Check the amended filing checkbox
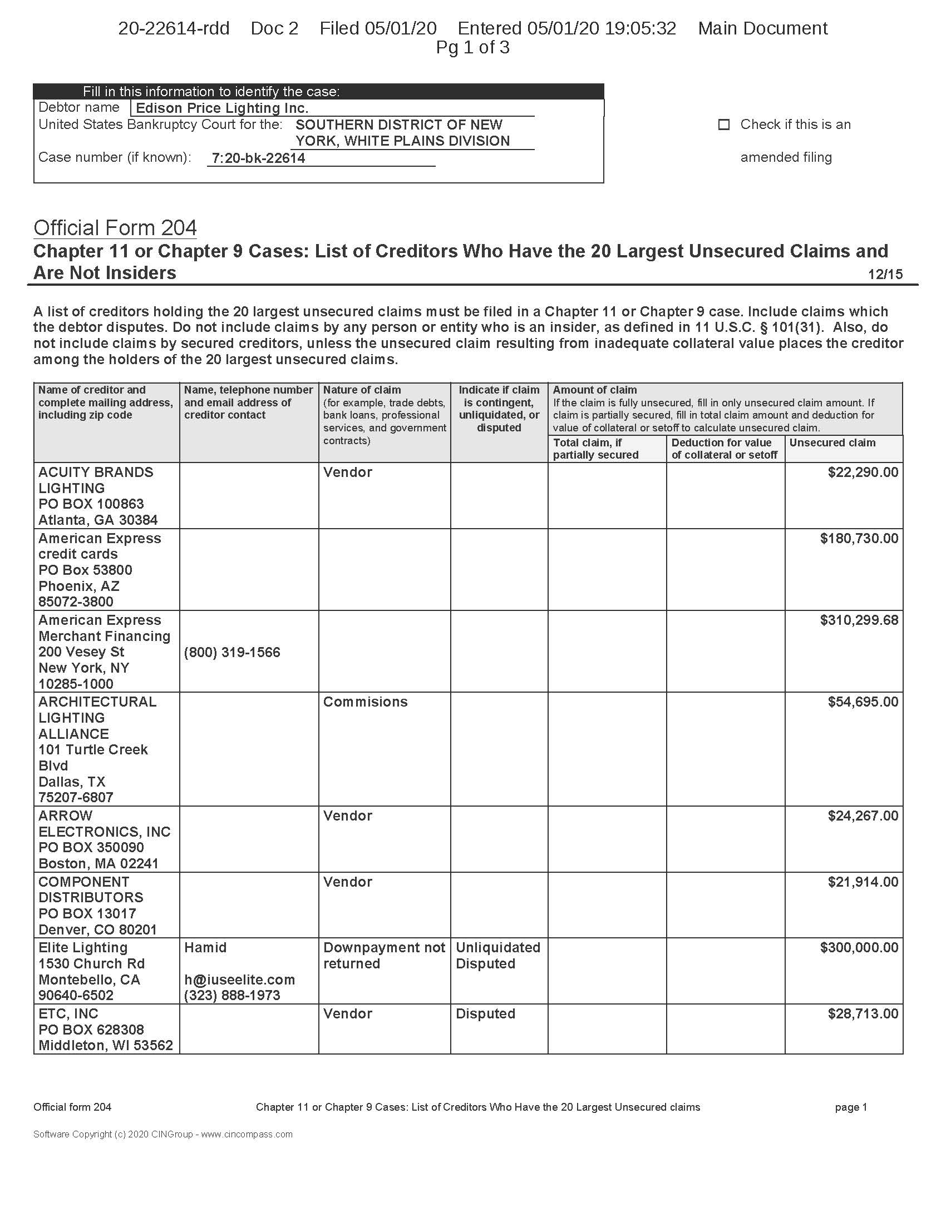click(x=723, y=125)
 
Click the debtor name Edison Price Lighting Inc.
click(x=222, y=108)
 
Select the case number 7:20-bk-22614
click(x=258, y=158)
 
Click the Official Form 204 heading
click(x=115, y=228)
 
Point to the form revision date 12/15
click(x=885, y=275)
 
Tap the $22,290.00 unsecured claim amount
click(x=863, y=472)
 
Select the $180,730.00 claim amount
click(x=859, y=538)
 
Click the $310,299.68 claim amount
click(x=859, y=620)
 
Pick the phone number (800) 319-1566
click(x=232, y=653)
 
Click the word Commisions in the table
click(x=366, y=702)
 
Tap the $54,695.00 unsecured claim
click(x=863, y=702)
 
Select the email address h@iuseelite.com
click(x=239, y=980)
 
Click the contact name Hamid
click(x=205, y=947)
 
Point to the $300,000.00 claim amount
click(x=859, y=947)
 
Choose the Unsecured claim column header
click(x=832, y=443)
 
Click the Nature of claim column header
click(x=362, y=390)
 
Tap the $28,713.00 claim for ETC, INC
click(x=863, y=1013)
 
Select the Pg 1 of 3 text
click(x=472, y=48)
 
